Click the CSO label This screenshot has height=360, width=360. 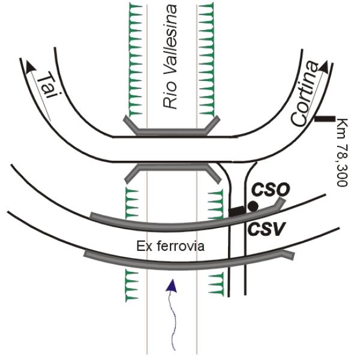tap(271, 190)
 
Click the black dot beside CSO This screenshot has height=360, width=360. tap(253, 206)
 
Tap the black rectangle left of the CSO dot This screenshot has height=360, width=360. tap(237, 211)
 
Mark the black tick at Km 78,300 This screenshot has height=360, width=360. tap(325, 119)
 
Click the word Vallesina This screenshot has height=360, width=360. tap(172, 43)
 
